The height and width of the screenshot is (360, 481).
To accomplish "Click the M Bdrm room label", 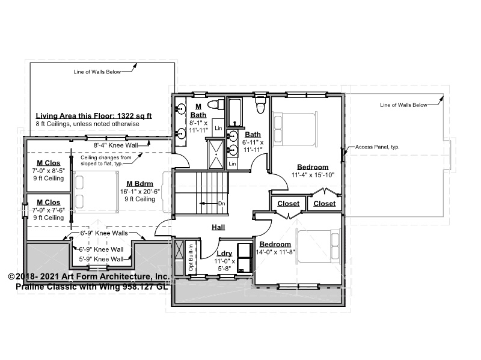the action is (x=140, y=184).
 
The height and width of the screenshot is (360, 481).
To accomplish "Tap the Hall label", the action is (x=218, y=227).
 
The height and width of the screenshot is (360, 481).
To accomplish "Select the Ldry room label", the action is (x=224, y=253).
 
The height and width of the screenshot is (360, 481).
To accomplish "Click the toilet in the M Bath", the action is (x=216, y=104).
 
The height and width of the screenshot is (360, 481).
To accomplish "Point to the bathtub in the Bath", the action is (x=235, y=112).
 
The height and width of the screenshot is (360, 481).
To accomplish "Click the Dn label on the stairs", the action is (x=221, y=204).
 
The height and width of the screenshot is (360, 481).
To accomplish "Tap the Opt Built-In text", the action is (x=191, y=257).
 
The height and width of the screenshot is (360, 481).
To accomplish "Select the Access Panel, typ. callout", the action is (x=378, y=147).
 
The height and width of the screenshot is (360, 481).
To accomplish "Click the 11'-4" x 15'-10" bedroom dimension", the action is (x=313, y=175).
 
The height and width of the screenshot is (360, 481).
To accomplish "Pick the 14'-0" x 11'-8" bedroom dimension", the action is (x=275, y=252).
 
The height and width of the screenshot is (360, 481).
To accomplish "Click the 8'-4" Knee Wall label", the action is (x=116, y=145).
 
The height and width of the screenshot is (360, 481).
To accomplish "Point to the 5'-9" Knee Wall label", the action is (x=101, y=259).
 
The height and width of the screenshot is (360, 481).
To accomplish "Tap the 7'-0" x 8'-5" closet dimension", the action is (x=49, y=171).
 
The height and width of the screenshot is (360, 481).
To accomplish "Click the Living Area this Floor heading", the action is (x=94, y=116).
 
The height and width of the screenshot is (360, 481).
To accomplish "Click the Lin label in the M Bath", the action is (x=218, y=128).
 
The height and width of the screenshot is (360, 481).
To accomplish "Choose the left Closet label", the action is (x=289, y=204).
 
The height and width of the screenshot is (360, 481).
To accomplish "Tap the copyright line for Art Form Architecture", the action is (x=88, y=276).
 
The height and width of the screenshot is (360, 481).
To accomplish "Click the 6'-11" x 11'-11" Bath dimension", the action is (x=253, y=146).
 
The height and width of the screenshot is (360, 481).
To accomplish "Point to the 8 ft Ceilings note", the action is (x=87, y=124).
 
